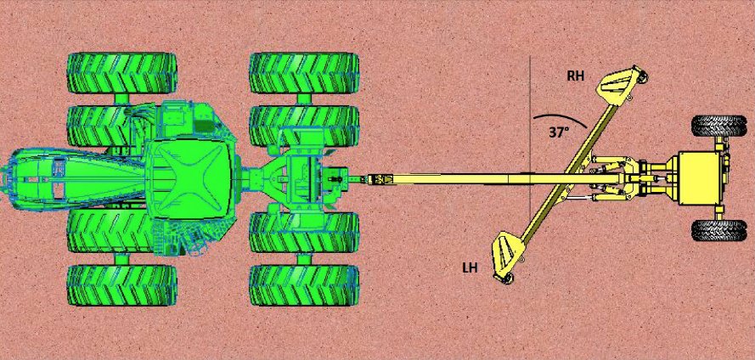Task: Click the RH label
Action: (x=576, y=76)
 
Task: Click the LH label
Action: (x=469, y=267)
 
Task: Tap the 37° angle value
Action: (x=558, y=132)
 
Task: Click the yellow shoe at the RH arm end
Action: (x=617, y=84)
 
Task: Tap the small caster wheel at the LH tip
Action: (x=506, y=281)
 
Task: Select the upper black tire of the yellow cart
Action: (x=718, y=127)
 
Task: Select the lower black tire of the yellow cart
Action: (x=718, y=230)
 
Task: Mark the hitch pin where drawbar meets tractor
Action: (x=339, y=179)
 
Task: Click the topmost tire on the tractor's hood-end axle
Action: (x=122, y=73)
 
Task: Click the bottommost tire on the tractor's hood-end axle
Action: (x=122, y=285)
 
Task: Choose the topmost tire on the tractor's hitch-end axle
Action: (x=304, y=73)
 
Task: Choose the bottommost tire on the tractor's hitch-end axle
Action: (x=304, y=285)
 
